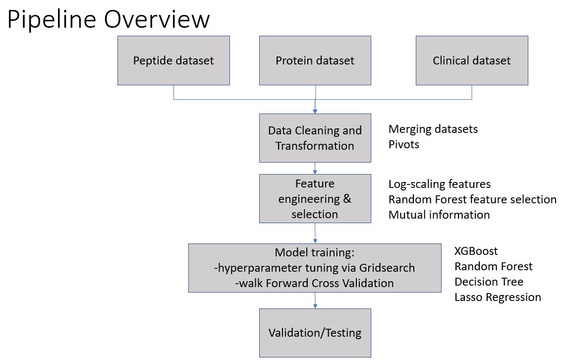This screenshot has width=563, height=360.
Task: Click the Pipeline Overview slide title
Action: [109, 19]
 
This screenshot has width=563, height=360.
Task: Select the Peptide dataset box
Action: [173, 60]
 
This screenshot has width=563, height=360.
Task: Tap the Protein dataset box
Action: [315, 60]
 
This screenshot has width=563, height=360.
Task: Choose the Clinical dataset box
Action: [471, 60]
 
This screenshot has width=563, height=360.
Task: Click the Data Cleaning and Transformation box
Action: [315, 138]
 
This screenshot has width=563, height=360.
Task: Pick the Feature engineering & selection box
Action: [315, 198]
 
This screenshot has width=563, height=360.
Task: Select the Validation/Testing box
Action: [315, 333]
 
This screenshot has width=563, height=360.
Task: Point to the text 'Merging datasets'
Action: [433, 129]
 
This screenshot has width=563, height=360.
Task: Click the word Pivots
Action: [403, 145]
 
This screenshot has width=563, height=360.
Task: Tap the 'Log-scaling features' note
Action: [439, 184]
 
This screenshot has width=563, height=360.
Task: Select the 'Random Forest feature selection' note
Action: [472, 199]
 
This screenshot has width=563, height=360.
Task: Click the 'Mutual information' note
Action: [439, 215]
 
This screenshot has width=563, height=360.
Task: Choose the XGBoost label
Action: [476, 251]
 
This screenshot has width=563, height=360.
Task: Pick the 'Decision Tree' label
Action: [489, 282]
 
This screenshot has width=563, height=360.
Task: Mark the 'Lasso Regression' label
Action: [498, 297]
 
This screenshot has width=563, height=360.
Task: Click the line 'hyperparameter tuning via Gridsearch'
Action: [315, 268]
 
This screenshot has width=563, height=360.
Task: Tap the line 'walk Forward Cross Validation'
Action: [315, 283]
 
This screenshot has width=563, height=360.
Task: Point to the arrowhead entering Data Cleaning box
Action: [315, 111]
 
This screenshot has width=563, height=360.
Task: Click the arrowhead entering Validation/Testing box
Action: [315, 306]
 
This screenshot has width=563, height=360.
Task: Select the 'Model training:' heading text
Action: [315, 252]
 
